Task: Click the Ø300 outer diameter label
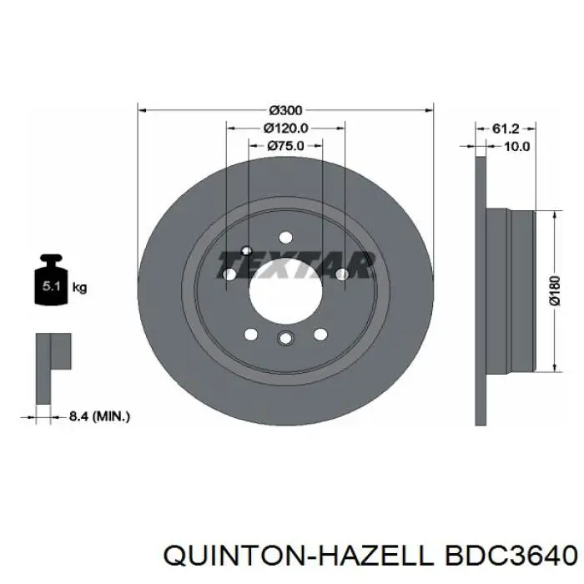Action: coord(285,109)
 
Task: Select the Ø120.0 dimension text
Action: coord(285,128)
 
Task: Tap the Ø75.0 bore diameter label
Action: coord(285,145)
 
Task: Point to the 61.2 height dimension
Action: coord(506,128)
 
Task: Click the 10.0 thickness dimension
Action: coord(517,146)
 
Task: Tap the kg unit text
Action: coord(79,288)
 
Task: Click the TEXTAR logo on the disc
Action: coord(295,265)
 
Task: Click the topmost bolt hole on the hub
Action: coord(285,236)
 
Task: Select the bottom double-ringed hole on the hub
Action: coord(285,338)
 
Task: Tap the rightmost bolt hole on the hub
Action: coord(341,274)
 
